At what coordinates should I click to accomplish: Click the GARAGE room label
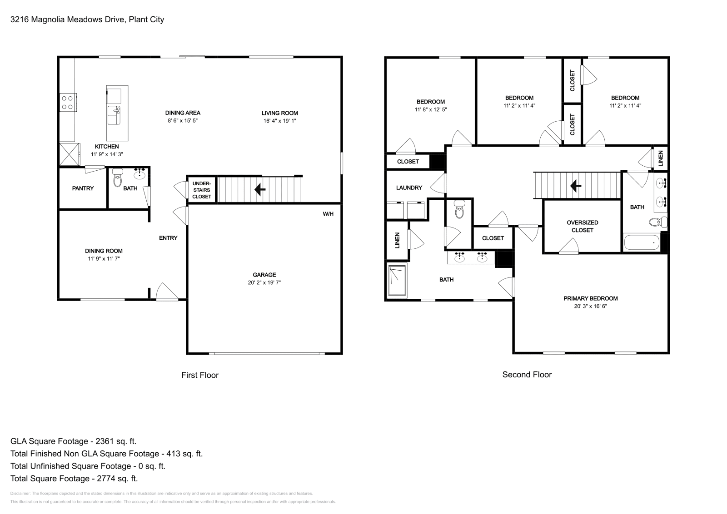tap(264, 275)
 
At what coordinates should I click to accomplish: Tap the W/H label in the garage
tap(328, 214)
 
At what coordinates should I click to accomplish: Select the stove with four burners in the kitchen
tap(68, 103)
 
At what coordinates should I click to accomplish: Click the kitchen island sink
tap(114, 115)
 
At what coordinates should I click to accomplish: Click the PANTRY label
tap(83, 188)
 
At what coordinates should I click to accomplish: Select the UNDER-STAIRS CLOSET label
tap(202, 190)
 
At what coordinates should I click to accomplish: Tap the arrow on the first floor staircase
tap(260, 189)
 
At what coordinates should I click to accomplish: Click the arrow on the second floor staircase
tap(576, 186)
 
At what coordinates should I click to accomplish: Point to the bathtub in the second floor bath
tap(642, 242)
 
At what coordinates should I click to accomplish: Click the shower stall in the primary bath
tap(397, 281)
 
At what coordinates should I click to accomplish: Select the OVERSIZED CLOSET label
tap(582, 227)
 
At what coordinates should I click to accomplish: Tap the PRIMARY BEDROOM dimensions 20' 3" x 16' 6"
tap(590, 306)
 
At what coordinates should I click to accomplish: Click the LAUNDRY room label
tap(409, 188)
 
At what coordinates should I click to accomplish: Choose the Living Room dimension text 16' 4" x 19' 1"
tap(280, 121)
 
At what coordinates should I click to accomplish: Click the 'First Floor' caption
tap(200, 375)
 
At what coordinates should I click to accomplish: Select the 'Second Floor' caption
tap(527, 375)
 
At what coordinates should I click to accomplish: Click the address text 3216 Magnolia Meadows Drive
tap(68, 20)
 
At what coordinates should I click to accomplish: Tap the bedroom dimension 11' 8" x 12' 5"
tap(431, 109)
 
